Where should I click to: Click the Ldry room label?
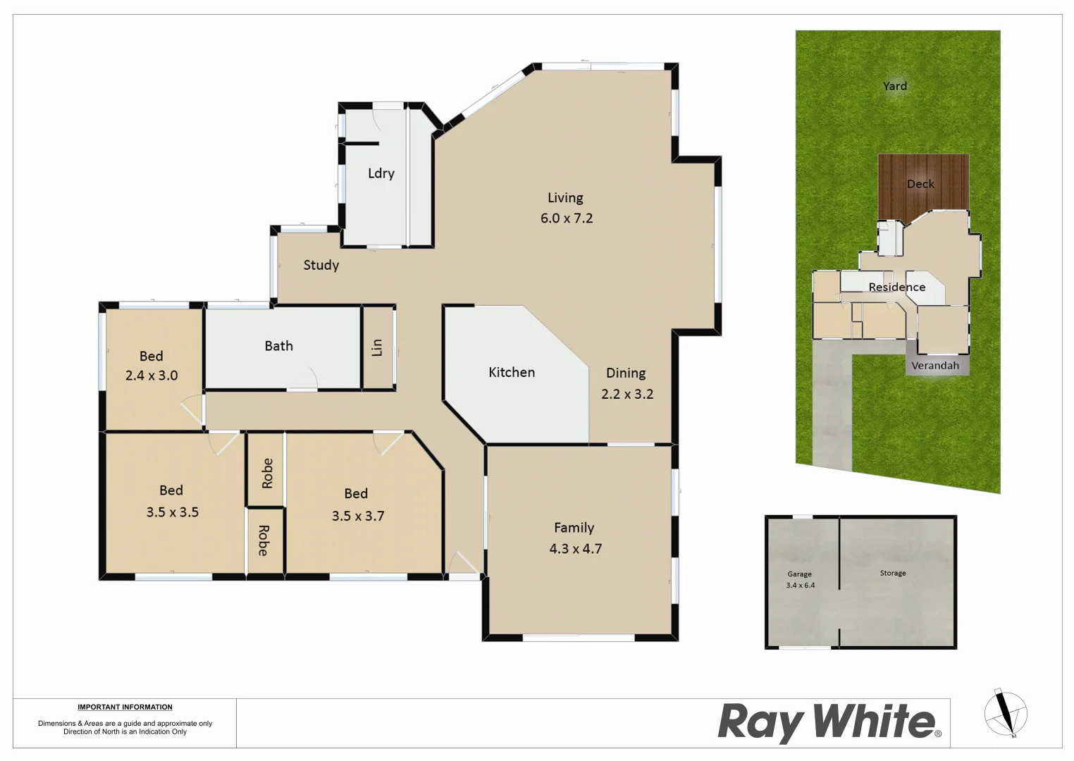[381, 173]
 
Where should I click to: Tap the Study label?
[321, 265]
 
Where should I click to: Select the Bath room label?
[279, 346]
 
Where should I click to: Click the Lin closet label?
[377, 347]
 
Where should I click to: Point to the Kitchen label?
[512, 372]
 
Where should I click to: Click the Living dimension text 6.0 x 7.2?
[567, 218]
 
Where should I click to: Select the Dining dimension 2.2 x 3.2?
[627, 394]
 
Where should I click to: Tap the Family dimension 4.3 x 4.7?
[576, 549]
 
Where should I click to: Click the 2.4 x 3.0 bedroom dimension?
[152, 376]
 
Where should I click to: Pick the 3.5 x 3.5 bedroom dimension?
[173, 512]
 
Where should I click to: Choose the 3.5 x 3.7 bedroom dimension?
[358, 516]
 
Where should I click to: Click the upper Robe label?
[267, 473]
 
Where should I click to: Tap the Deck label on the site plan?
[920, 184]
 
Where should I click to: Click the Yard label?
[895, 86]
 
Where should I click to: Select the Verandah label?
[935, 366]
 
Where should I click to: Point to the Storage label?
[893, 574]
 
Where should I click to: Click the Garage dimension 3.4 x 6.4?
[801, 586]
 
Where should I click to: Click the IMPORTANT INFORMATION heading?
[125, 707]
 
